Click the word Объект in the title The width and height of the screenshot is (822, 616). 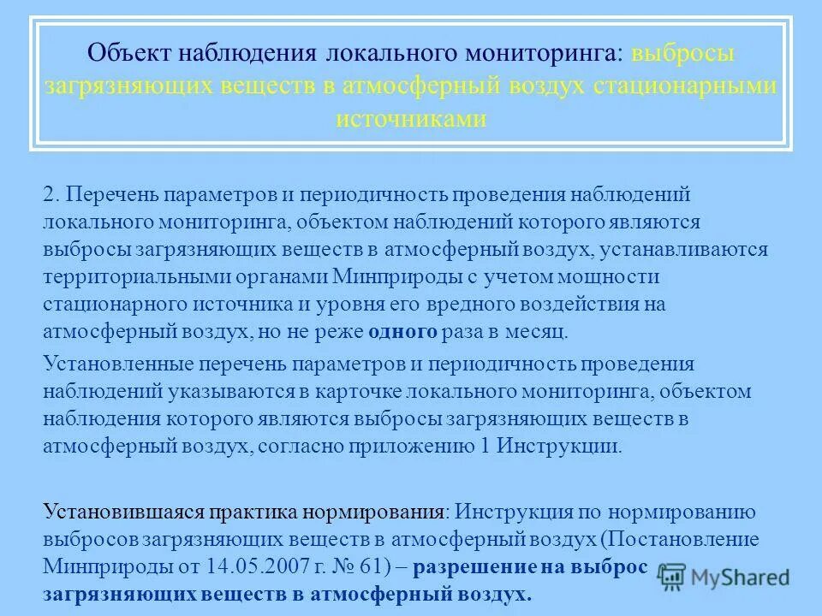[130, 55]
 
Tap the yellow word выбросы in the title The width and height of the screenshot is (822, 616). [683, 55]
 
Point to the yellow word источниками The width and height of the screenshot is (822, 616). [411, 118]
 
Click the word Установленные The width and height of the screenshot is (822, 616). [118, 364]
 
